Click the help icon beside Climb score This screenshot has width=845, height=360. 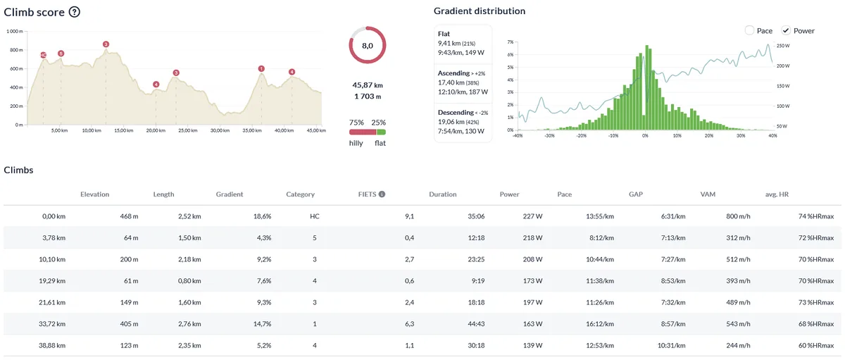click(75, 12)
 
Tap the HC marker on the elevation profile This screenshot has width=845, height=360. click(44, 55)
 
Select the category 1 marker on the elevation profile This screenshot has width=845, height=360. click(261, 68)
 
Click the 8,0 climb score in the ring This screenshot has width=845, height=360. click(368, 46)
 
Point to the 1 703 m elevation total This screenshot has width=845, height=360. click(368, 97)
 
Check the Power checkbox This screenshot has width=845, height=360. click(785, 30)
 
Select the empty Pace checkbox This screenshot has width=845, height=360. click(749, 30)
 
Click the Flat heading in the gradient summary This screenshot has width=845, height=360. click(444, 34)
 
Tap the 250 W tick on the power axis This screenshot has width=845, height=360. click(783, 46)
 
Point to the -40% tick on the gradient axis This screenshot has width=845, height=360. click(518, 135)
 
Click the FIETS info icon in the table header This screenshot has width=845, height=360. click(382, 194)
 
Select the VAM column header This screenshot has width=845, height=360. click(708, 194)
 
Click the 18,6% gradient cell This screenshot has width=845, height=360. click(262, 216)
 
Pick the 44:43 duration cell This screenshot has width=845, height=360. click(476, 324)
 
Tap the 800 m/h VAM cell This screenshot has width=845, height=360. click(738, 216)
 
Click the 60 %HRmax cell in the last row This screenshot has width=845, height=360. click(816, 345)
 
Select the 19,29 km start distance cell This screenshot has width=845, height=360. click(52, 281)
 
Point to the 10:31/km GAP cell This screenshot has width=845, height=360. click(671, 345)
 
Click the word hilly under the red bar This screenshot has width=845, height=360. click(356, 143)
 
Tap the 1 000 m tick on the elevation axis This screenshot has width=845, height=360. click(15, 31)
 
